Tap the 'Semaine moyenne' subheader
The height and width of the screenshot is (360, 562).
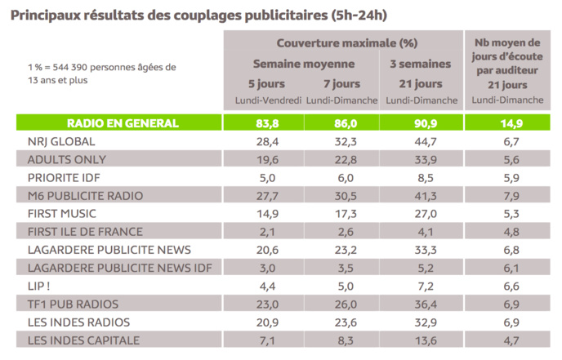pyautogui.click(x=303, y=63)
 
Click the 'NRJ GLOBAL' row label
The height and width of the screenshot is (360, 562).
pyautogui.click(x=63, y=141)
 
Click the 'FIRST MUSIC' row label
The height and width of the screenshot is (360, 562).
pyautogui.click(x=65, y=213)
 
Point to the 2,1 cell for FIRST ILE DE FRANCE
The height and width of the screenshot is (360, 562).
pyautogui.click(x=263, y=231)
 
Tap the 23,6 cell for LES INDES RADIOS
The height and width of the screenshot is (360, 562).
pyautogui.click(x=342, y=322)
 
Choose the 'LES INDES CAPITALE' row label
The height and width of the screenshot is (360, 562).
pyautogui.click(x=83, y=340)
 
